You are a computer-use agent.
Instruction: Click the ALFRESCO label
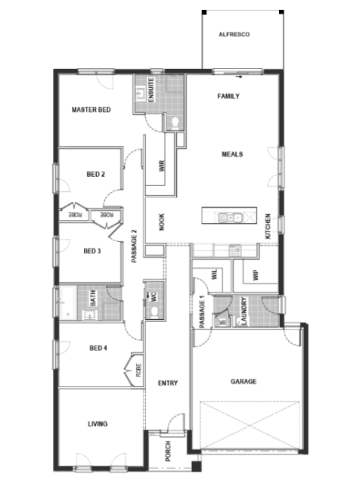[x=234, y=34]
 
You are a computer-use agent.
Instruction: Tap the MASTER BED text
[x=92, y=110]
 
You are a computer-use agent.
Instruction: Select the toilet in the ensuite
[x=175, y=123]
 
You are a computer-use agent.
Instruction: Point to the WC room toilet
[x=154, y=312]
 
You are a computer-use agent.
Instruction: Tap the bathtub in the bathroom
[x=67, y=302]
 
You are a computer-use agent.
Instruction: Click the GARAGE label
[x=244, y=381]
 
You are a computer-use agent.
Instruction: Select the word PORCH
[x=168, y=451]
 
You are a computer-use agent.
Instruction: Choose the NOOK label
[x=162, y=222]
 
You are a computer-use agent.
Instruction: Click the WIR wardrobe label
[x=162, y=166]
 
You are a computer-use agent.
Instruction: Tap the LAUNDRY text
[x=244, y=311]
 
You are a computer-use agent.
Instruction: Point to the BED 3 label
[x=92, y=251]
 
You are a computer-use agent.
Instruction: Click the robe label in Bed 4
[x=138, y=370]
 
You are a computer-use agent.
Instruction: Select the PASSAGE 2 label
[x=135, y=246]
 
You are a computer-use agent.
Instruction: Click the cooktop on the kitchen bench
[x=235, y=250]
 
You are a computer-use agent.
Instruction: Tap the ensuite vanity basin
[x=140, y=93]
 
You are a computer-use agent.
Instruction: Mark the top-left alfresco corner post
[x=204, y=12]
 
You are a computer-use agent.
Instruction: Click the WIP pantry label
[x=256, y=274]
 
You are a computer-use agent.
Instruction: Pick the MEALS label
[x=232, y=154]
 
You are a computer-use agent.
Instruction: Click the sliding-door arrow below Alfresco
[x=239, y=76]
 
